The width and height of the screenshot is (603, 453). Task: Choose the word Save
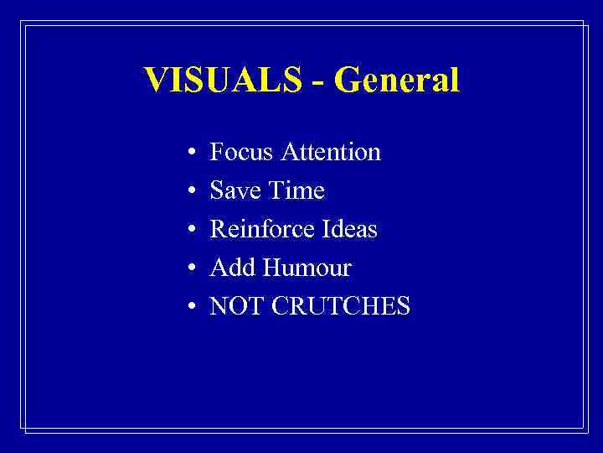(x=235, y=190)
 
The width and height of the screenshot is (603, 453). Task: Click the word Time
(x=296, y=190)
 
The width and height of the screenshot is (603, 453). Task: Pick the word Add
(x=232, y=268)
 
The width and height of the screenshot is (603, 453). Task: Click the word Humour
(x=307, y=268)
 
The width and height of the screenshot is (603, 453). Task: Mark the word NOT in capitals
(x=235, y=306)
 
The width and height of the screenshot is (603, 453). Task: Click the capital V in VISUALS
(x=156, y=81)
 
